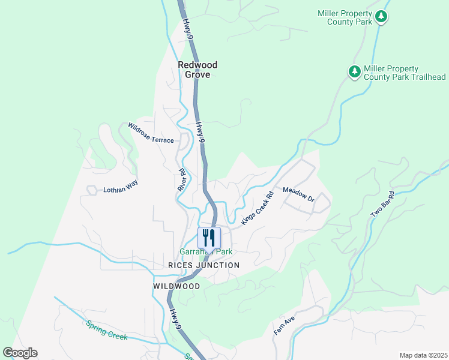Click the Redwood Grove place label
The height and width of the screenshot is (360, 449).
click(x=197, y=70)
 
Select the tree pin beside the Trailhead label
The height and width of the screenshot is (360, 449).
click(x=355, y=71)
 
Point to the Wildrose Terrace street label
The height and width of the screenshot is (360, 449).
click(x=151, y=133)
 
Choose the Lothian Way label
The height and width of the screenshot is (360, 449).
click(x=120, y=182)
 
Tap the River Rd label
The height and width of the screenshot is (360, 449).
click(x=182, y=179)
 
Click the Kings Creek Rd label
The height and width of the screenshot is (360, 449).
click(x=257, y=208)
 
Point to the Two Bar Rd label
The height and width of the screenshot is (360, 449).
click(x=382, y=205)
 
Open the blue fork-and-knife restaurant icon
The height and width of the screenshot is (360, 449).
click(x=209, y=236)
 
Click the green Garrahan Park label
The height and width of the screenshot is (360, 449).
click(x=206, y=252)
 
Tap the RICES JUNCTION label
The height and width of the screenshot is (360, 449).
click(x=203, y=265)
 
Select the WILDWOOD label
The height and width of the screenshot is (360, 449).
click(x=176, y=286)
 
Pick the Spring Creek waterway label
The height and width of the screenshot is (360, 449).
click(x=106, y=330)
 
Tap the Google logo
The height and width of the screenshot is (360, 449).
click(x=20, y=353)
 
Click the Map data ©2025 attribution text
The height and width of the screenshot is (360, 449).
click(x=423, y=355)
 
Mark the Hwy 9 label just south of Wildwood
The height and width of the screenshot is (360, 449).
click(x=174, y=319)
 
